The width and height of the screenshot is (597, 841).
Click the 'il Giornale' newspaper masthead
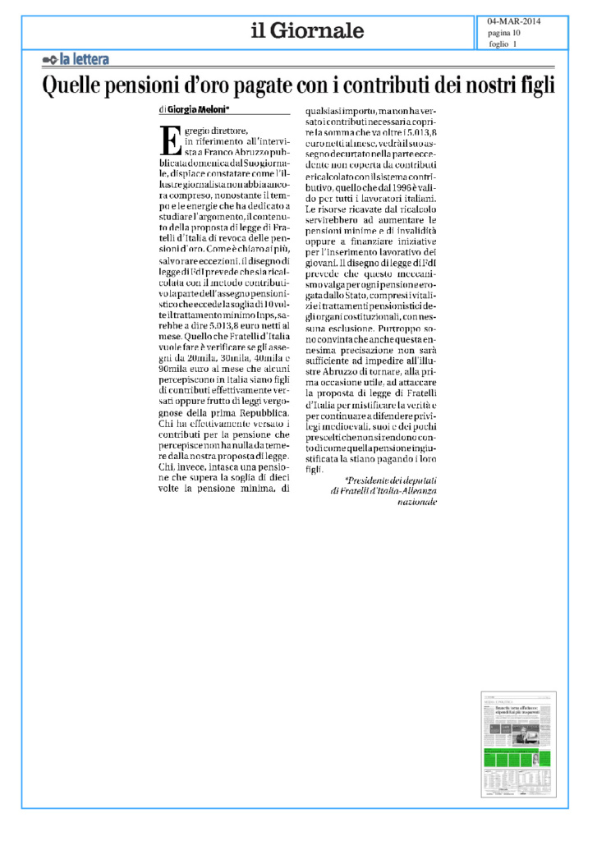(307, 31)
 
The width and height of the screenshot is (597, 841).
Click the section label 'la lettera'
(84, 59)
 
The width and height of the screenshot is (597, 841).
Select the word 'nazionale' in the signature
(418, 501)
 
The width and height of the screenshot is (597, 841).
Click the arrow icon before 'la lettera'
(48, 59)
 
